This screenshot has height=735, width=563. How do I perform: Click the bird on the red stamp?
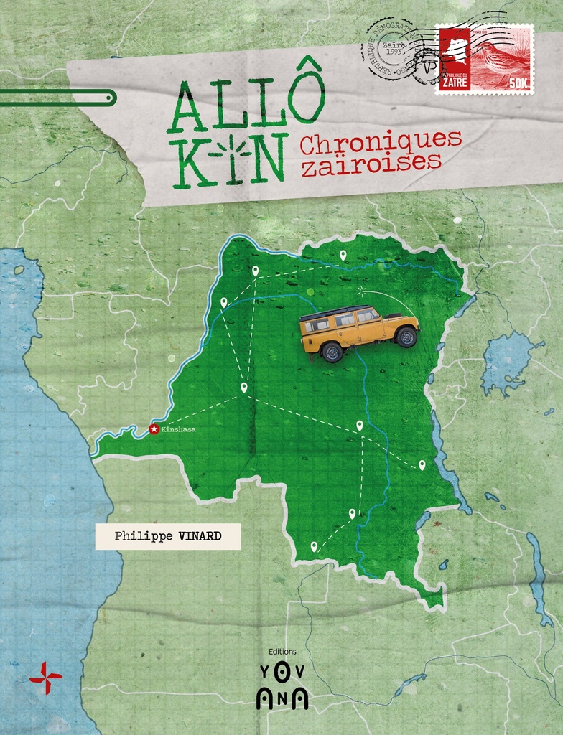(502, 57)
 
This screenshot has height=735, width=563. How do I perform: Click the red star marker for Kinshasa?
(153, 429)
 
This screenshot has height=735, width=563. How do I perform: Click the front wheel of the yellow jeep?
(406, 337)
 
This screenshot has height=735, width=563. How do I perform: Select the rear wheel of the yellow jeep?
(331, 352)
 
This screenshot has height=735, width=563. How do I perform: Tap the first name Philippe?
(139, 536)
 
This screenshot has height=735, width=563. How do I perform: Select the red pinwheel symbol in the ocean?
(45, 676)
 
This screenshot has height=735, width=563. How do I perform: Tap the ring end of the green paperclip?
(108, 98)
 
